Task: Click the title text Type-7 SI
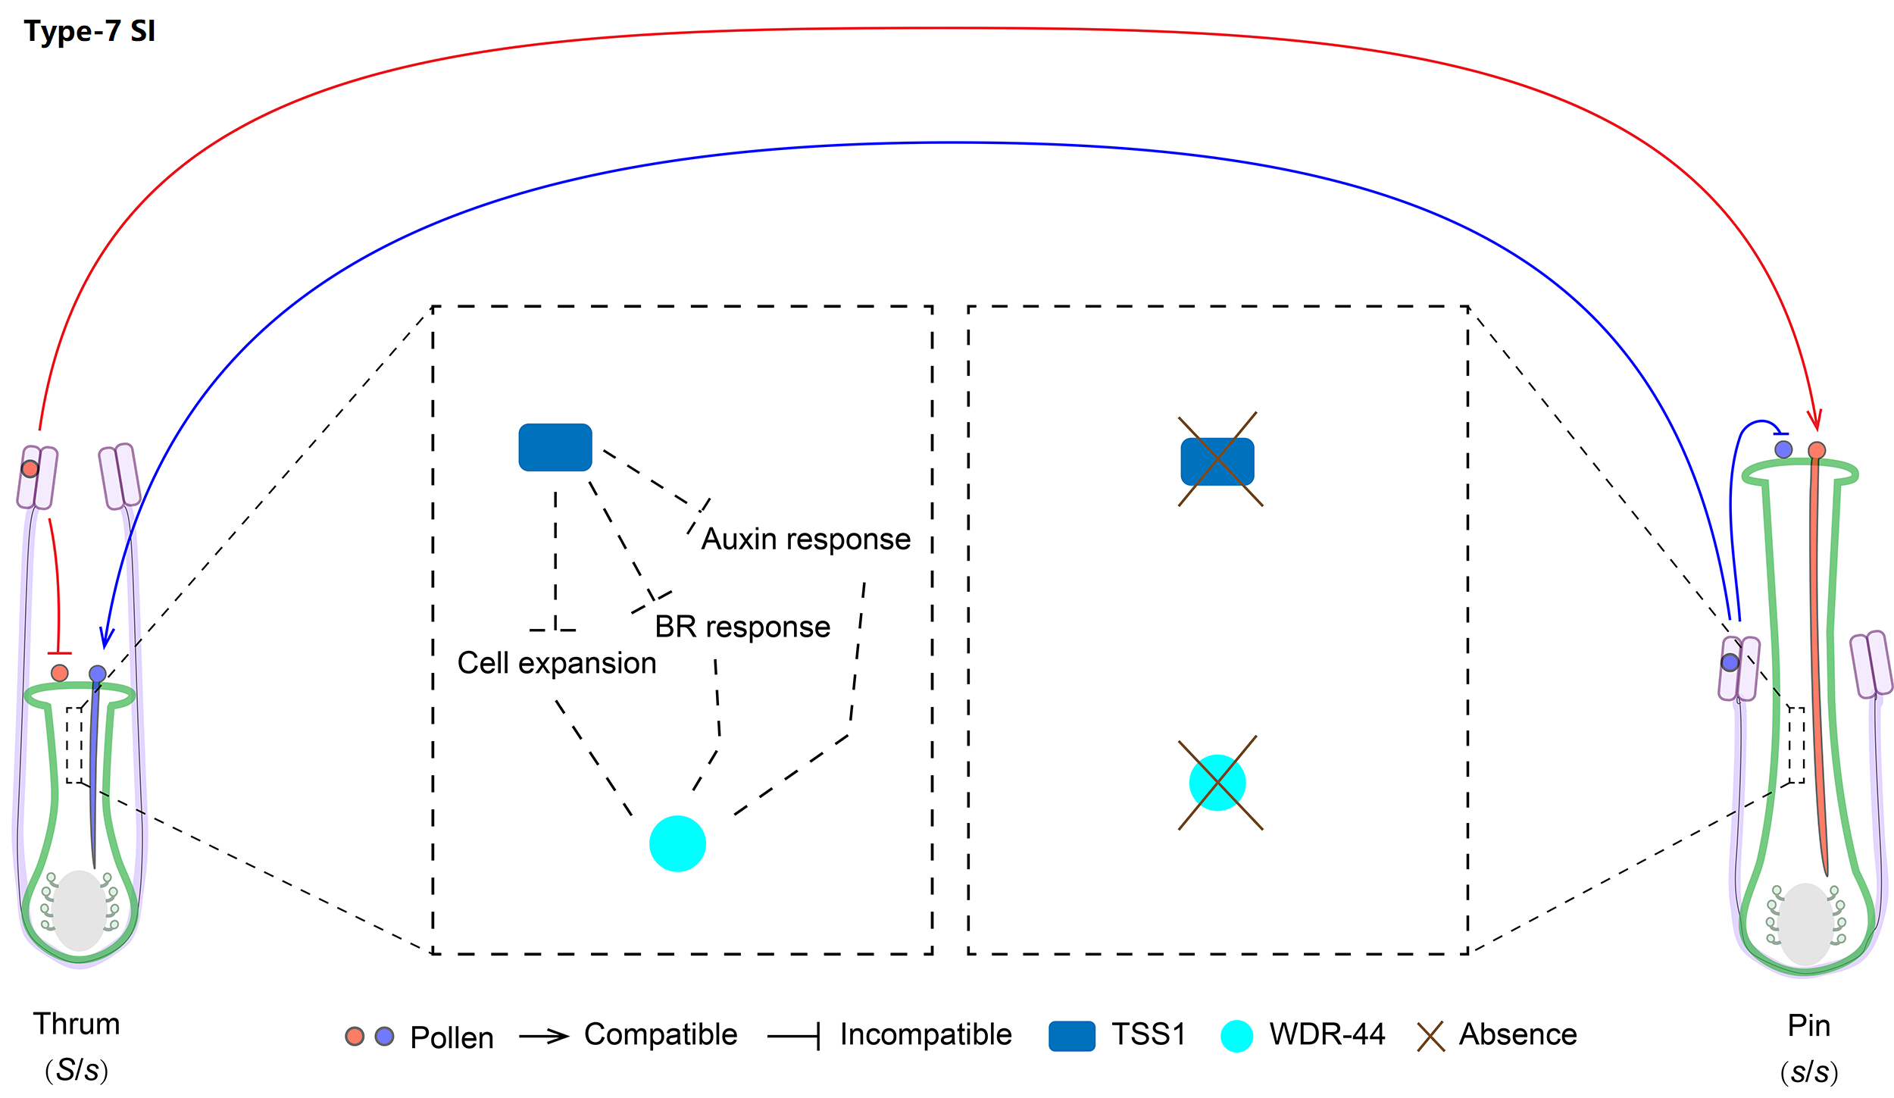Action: pyautogui.click(x=89, y=32)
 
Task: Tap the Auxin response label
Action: pyautogui.click(x=805, y=540)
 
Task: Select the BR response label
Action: pyautogui.click(x=742, y=627)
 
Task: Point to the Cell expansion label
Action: pyautogui.click(x=557, y=664)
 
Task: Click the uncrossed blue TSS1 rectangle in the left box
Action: pyautogui.click(x=555, y=448)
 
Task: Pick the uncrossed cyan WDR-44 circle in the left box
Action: pyautogui.click(x=678, y=843)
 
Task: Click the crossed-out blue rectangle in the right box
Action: pyautogui.click(x=1217, y=461)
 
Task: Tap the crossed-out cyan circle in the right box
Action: pyautogui.click(x=1217, y=783)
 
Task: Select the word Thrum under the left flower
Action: pyautogui.click(x=77, y=1024)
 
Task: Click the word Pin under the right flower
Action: pyautogui.click(x=1809, y=1026)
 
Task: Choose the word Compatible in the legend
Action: pyautogui.click(x=661, y=1035)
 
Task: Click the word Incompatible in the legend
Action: pyautogui.click(x=926, y=1035)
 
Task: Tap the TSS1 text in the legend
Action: pyautogui.click(x=1149, y=1035)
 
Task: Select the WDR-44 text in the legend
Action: pyautogui.click(x=1327, y=1035)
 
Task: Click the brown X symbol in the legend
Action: pyautogui.click(x=1430, y=1037)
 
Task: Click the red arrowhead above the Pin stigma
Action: pyautogui.click(x=1814, y=420)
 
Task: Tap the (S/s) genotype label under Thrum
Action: pyautogui.click(x=77, y=1071)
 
